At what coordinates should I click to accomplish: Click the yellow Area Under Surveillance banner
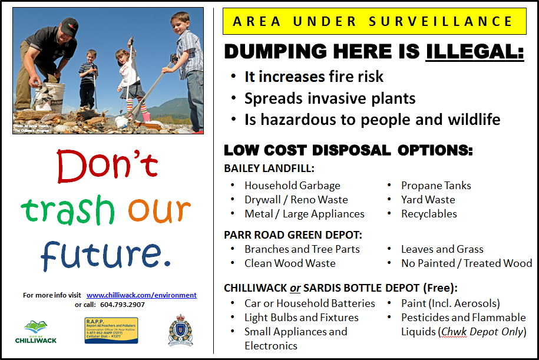point(374,22)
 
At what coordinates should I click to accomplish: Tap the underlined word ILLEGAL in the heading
point(475,51)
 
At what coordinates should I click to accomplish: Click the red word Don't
point(107,166)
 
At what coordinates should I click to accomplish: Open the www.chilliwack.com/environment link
point(141,295)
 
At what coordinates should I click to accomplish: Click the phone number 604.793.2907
point(123,305)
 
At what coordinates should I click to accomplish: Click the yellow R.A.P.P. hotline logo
point(111,331)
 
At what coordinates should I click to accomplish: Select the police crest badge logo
point(179,330)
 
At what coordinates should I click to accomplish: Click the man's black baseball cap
point(69,25)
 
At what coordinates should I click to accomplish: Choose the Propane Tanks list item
point(436,186)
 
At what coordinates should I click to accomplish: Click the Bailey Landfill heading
point(269,169)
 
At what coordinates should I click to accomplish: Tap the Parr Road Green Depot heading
point(293,235)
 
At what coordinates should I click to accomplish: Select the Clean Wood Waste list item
point(290,263)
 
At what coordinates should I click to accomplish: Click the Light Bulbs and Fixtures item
point(301,318)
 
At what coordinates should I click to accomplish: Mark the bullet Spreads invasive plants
point(330,98)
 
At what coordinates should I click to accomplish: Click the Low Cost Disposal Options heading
point(348,150)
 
